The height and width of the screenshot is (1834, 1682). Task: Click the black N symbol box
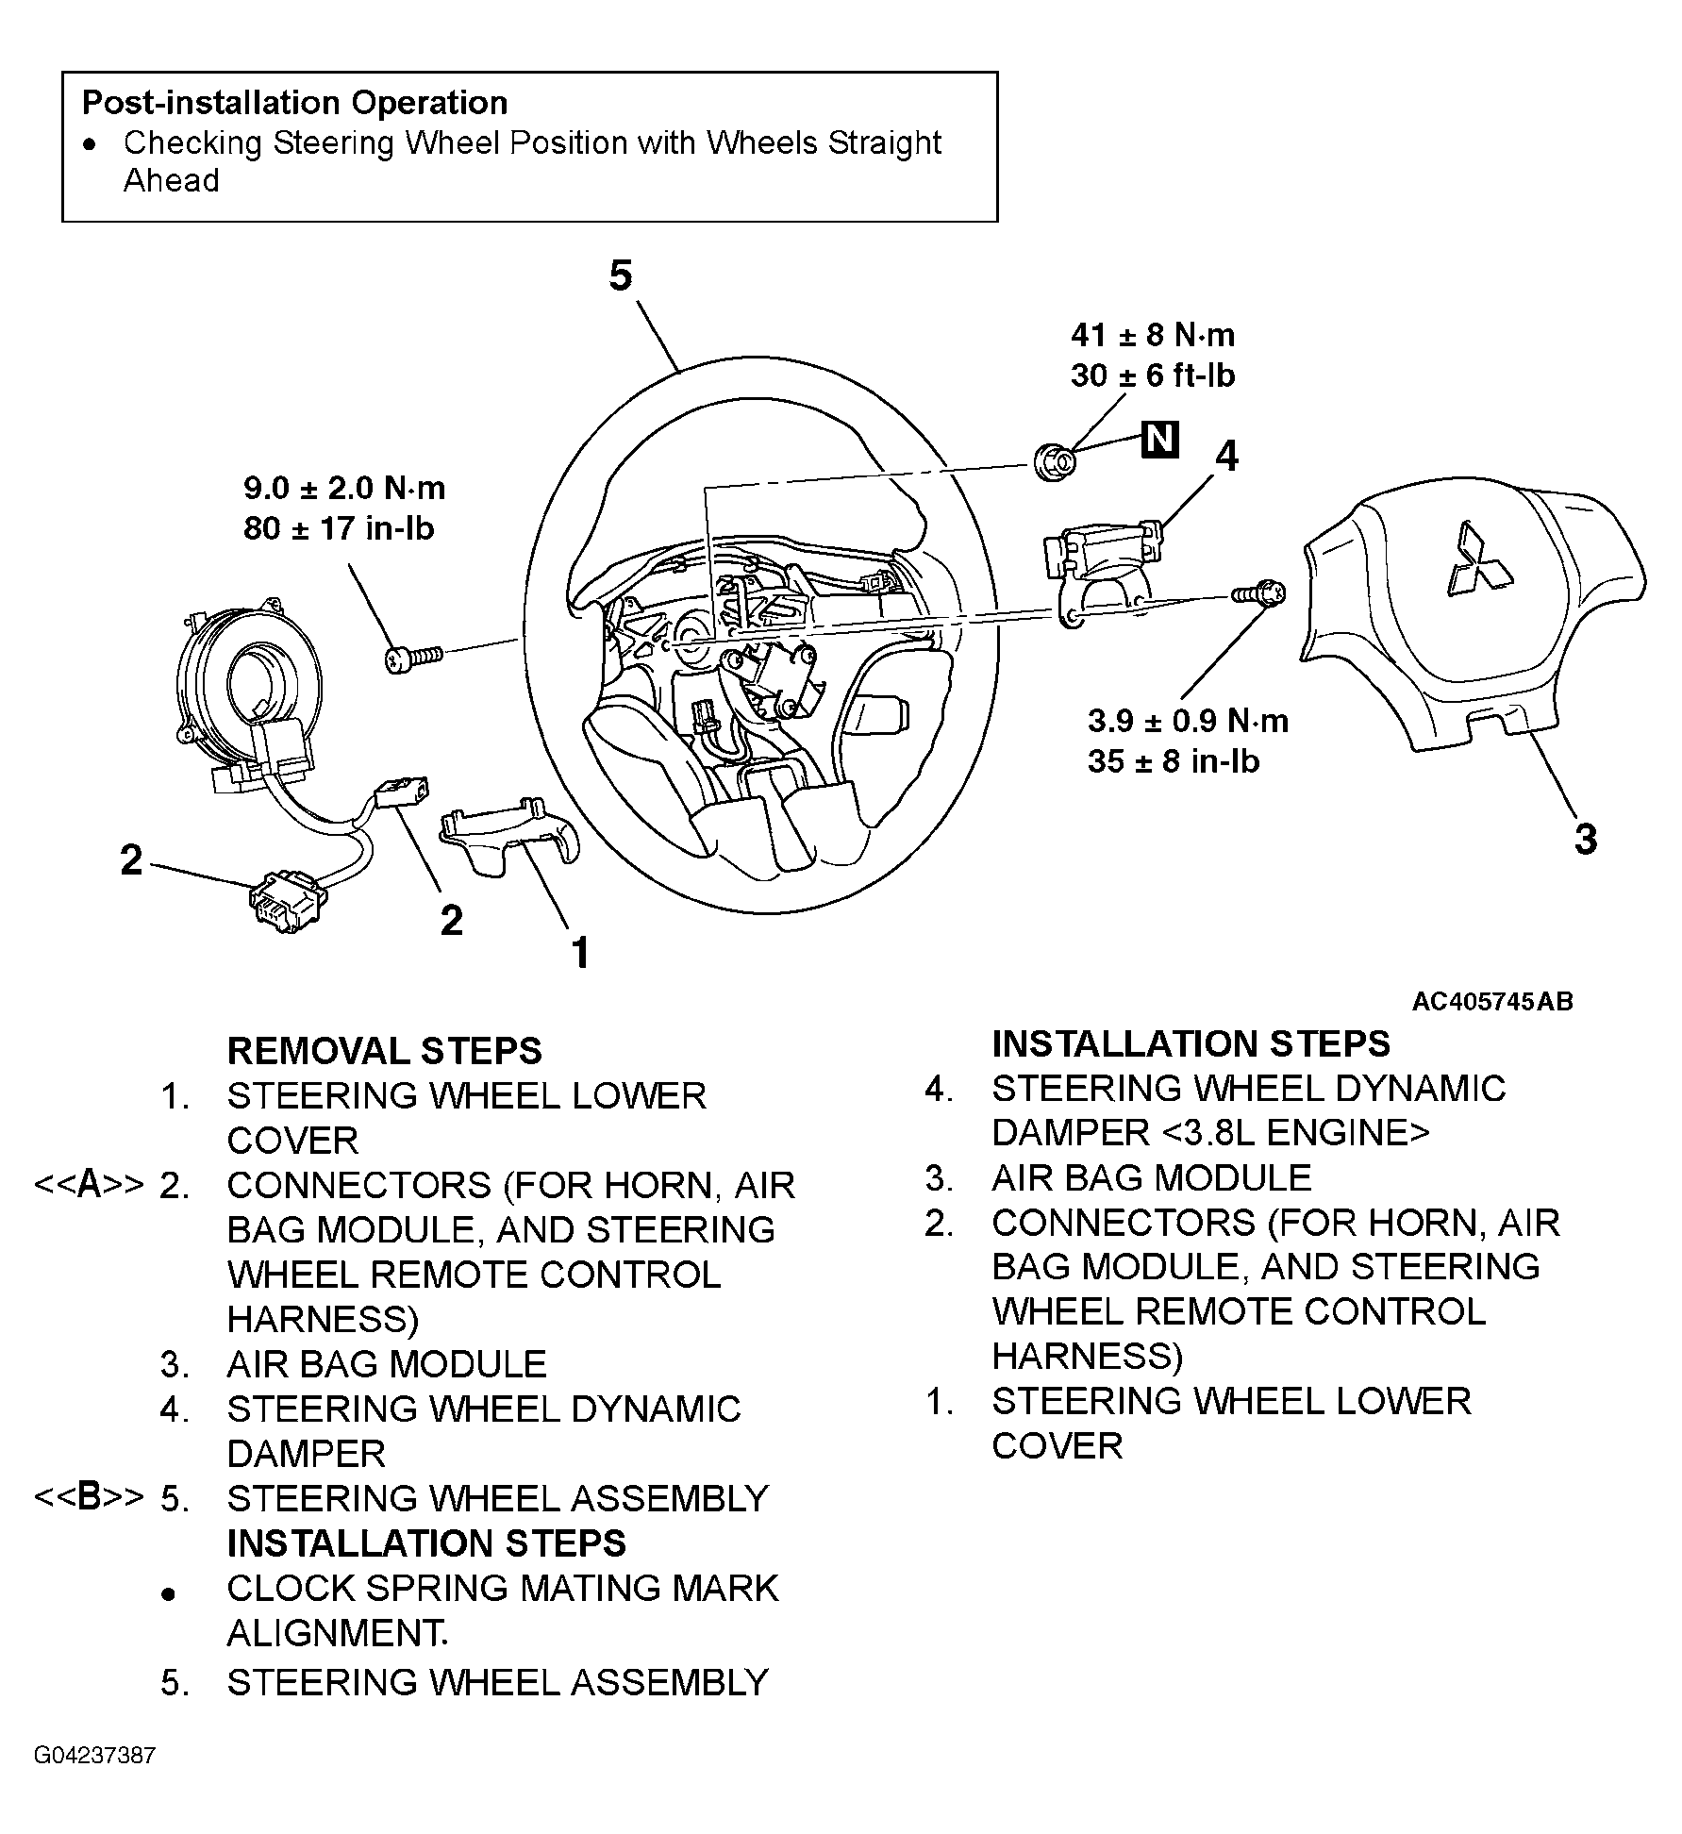pos(1159,440)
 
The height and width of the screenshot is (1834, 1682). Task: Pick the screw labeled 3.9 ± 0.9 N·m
pos(1257,594)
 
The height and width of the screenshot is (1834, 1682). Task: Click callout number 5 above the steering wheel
pos(620,276)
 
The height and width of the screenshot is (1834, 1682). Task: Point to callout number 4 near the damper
pos(1225,457)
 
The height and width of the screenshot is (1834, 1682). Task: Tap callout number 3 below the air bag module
pos(1586,839)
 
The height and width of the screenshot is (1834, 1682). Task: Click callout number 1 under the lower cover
pos(581,953)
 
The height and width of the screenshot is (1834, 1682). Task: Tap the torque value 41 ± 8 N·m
pos(1153,335)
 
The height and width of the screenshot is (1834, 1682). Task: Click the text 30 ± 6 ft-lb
pos(1152,375)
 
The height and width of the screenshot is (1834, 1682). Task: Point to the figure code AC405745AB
pos(1492,1001)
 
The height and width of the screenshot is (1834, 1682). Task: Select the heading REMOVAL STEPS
pos(385,1051)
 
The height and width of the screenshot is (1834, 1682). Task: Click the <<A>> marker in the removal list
pos(89,1186)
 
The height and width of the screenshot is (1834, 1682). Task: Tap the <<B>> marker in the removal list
pos(89,1499)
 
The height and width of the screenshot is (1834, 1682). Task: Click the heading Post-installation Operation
pos(294,102)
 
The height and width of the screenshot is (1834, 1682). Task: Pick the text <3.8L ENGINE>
pos(1290,1132)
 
